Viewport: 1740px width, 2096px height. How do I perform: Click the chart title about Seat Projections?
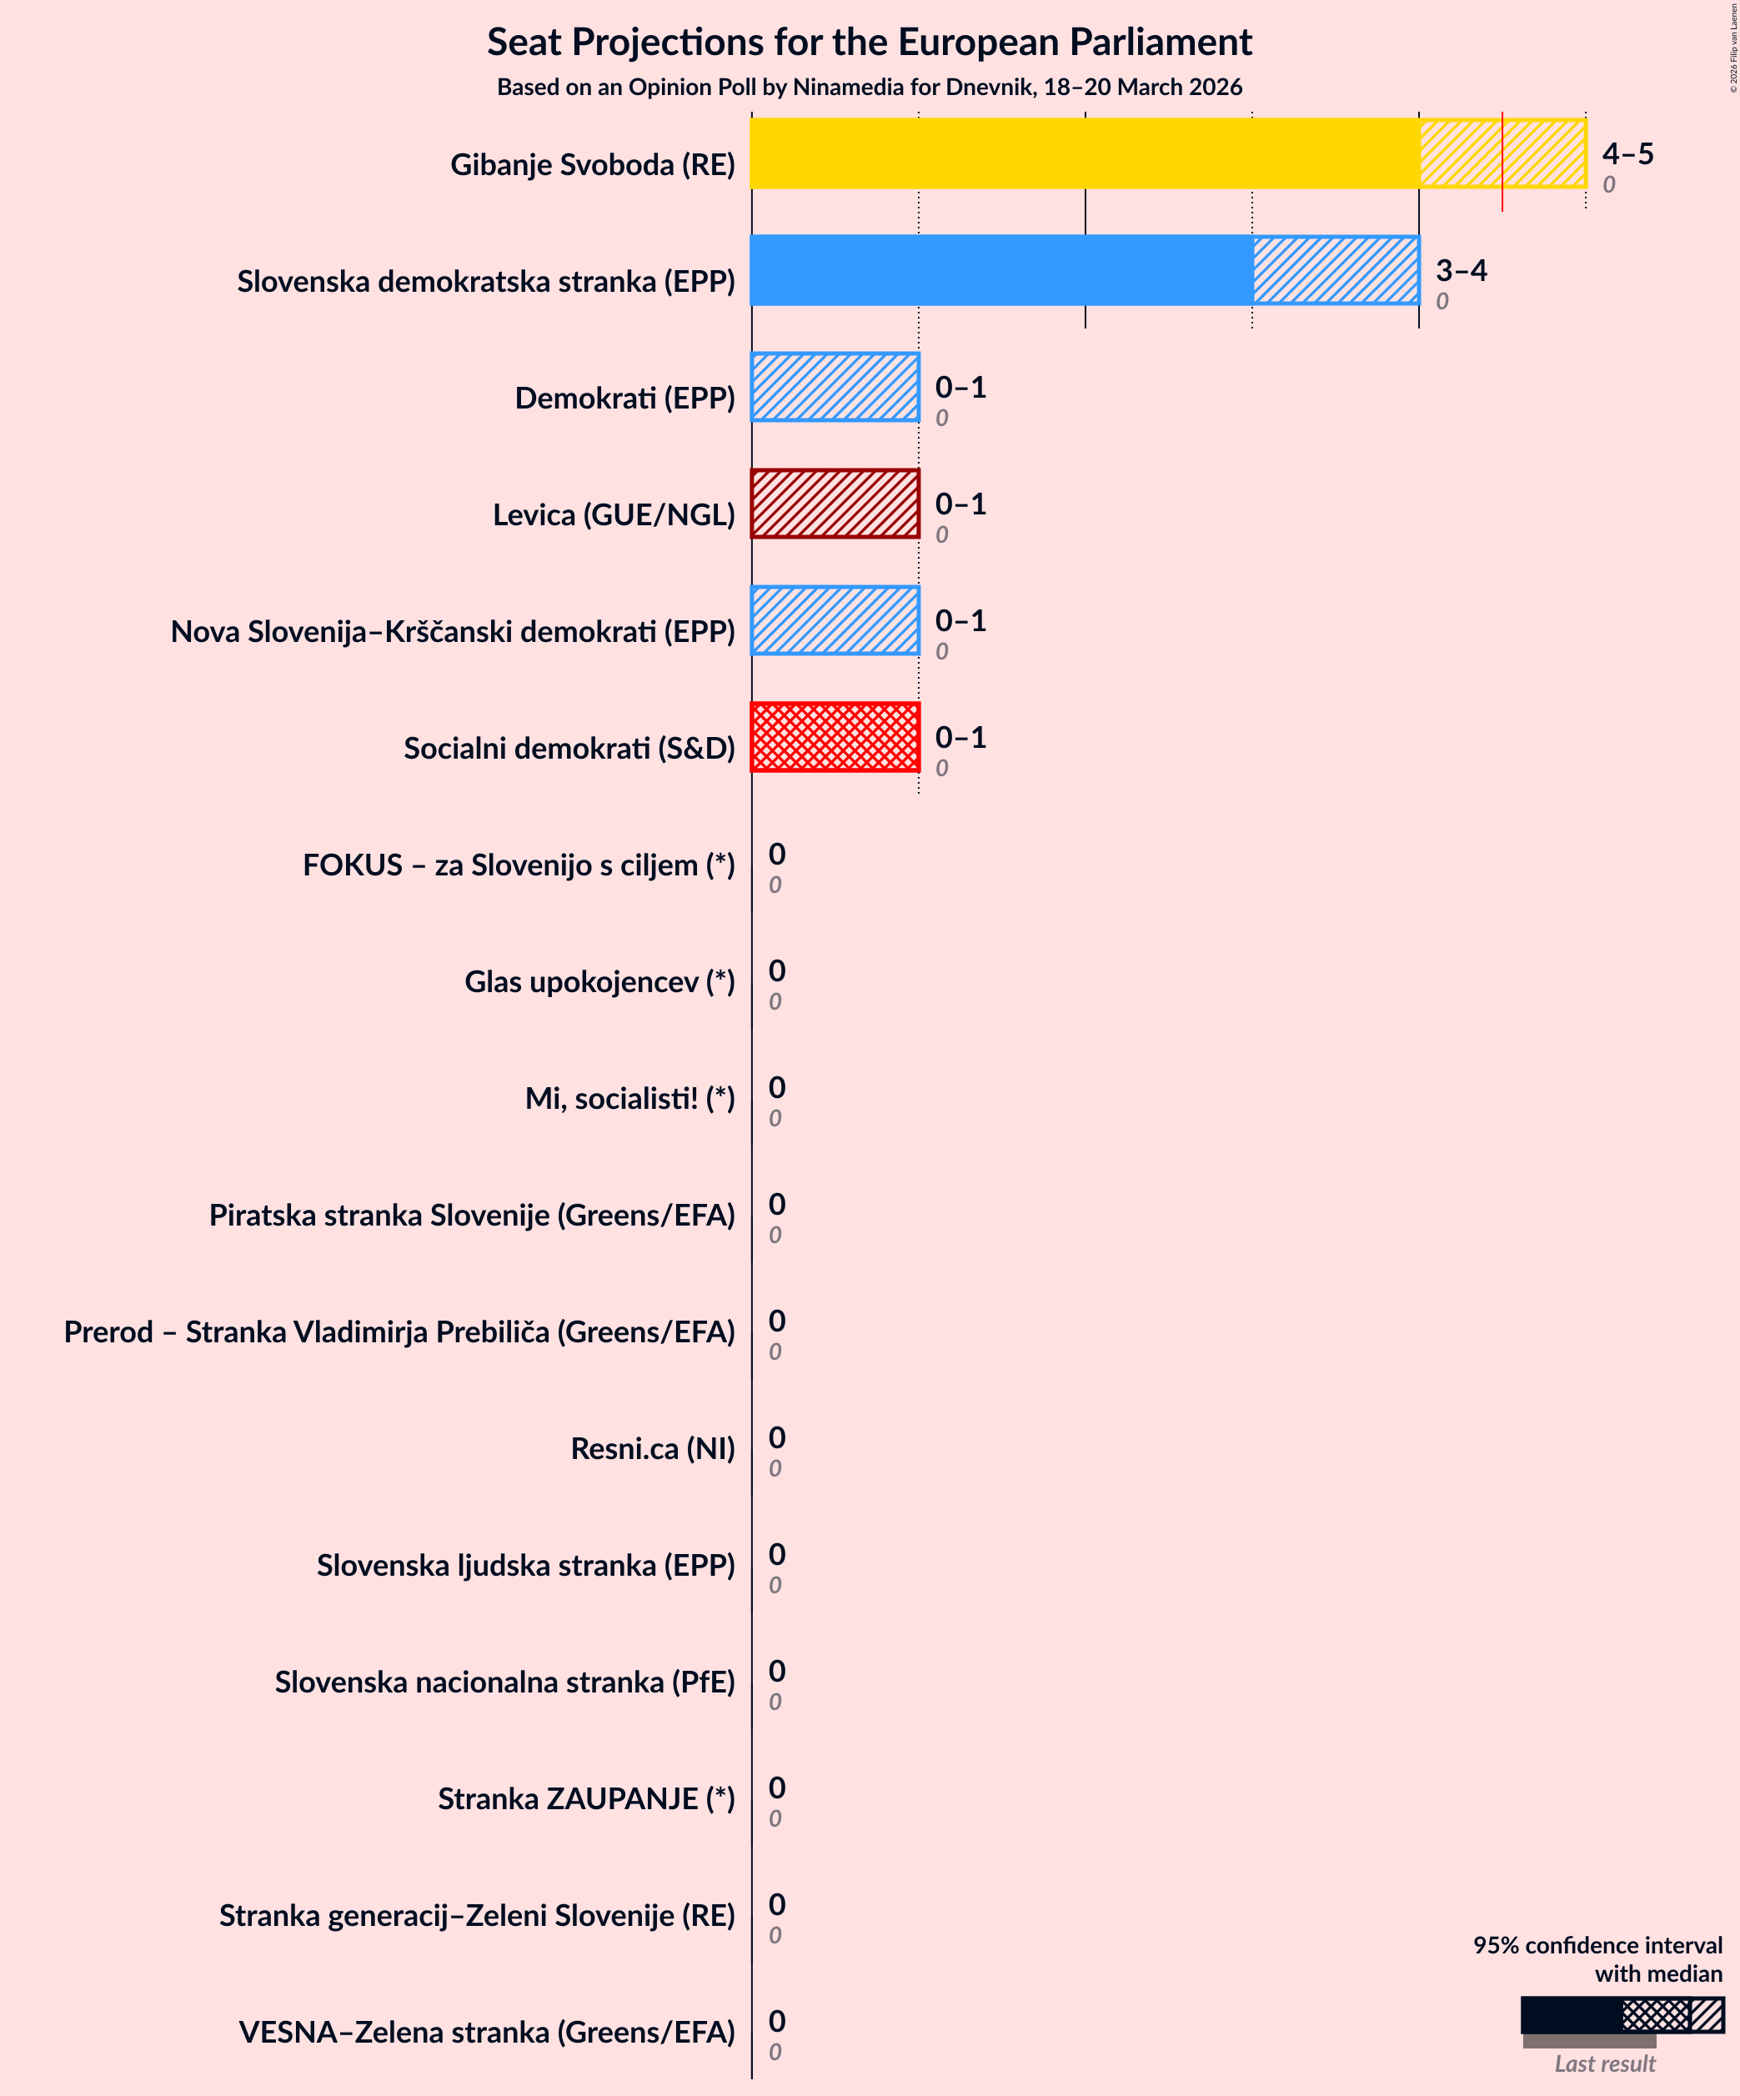869,43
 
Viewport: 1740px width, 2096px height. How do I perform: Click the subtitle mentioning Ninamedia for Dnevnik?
869,88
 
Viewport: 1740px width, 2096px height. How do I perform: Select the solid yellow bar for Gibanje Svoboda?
1084,153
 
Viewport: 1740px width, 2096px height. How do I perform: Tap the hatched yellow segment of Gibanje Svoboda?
1502,153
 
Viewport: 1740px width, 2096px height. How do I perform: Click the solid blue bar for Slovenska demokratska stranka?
1001,270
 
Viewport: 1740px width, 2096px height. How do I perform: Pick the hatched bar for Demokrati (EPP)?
835,387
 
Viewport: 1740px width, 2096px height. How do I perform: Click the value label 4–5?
1627,153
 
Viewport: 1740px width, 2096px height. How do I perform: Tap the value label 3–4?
1461,270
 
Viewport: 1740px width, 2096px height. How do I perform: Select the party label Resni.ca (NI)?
652,1448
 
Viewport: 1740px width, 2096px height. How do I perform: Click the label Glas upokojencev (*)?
599,982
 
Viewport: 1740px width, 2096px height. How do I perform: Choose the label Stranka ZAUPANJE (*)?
586,1798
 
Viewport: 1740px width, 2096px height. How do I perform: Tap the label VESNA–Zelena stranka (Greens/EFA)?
486,2032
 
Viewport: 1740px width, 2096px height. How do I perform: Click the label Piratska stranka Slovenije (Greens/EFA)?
471,1216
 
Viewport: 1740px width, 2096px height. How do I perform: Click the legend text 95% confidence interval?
1597,1945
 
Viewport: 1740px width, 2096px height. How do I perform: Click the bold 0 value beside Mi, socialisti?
777,1087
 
